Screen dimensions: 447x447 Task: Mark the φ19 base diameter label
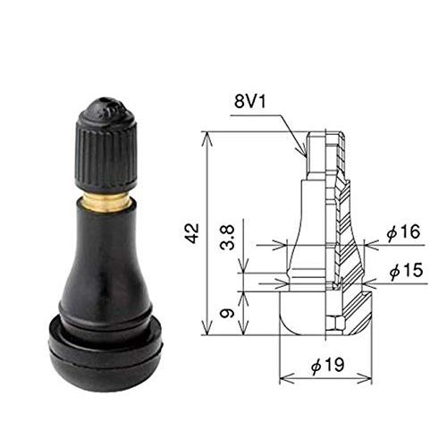pyautogui.click(x=330, y=367)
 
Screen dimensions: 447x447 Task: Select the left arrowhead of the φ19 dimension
pyautogui.click(x=283, y=377)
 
